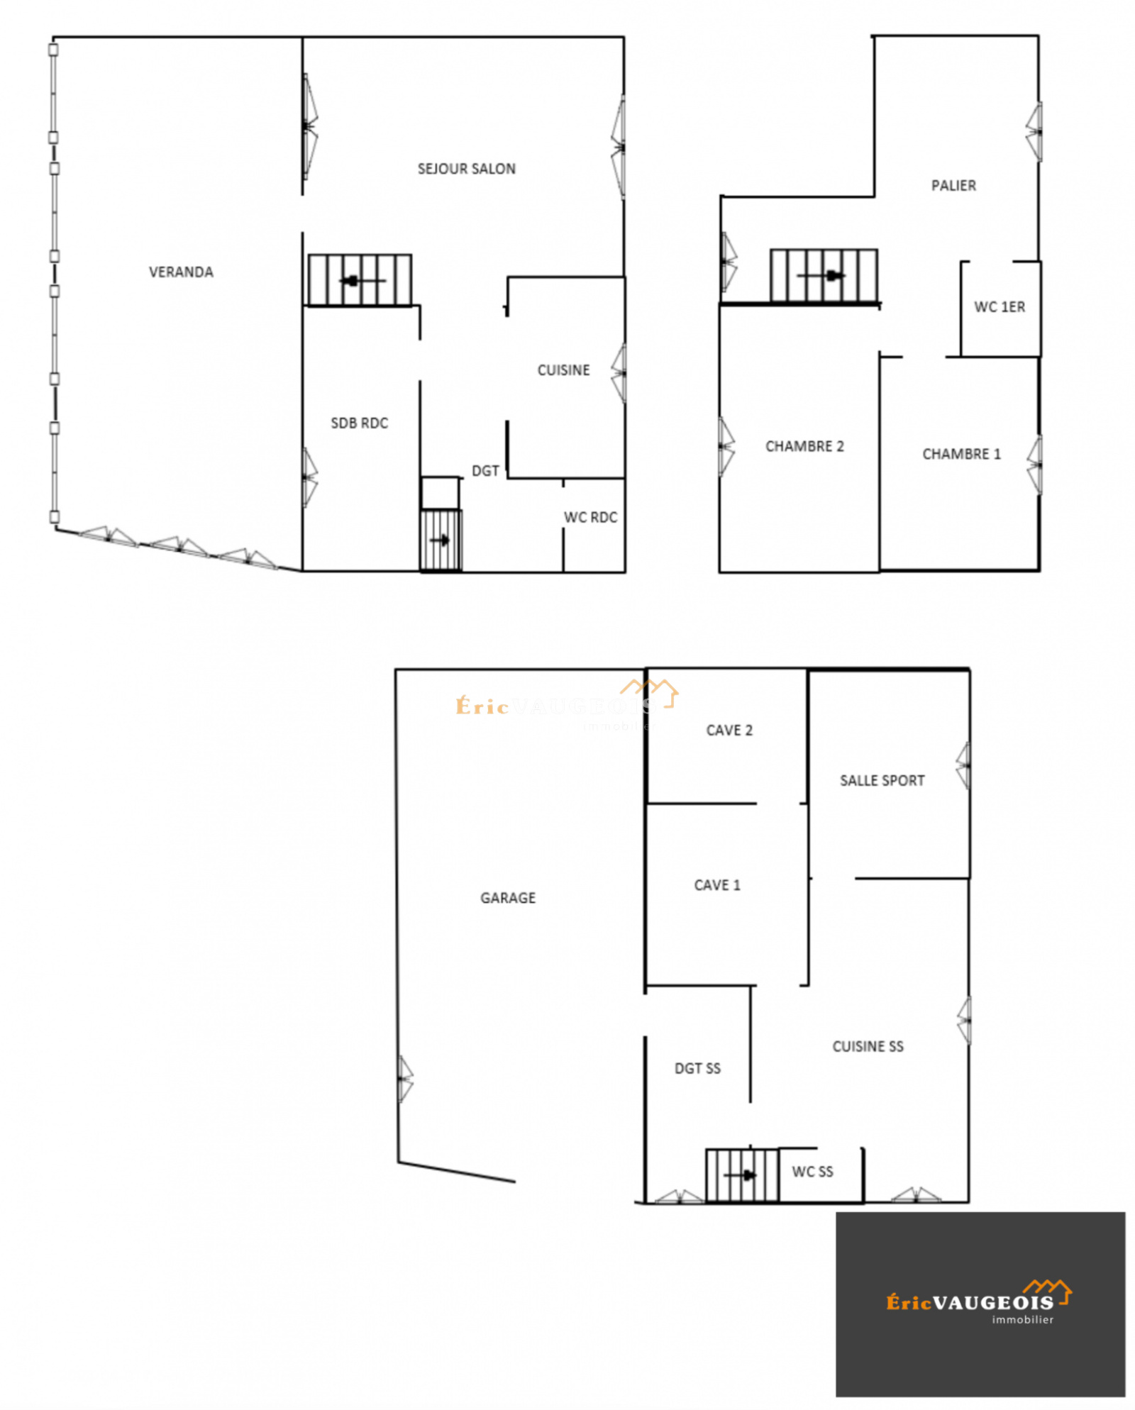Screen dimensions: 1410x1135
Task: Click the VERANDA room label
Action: (x=181, y=272)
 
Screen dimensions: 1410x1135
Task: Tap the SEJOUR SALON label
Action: (x=466, y=169)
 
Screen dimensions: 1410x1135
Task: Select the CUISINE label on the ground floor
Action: (x=563, y=370)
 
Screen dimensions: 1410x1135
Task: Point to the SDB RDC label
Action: (x=359, y=423)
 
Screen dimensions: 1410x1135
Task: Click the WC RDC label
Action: (x=590, y=518)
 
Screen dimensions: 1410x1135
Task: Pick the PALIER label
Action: (x=953, y=186)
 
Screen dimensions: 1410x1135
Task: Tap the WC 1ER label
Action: (x=999, y=307)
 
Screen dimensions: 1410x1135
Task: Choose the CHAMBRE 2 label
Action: (x=804, y=446)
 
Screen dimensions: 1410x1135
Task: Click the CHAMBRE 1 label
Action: (x=961, y=454)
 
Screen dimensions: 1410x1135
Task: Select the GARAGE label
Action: (x=508, y=898)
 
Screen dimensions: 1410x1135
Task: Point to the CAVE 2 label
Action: (x=729, y=731)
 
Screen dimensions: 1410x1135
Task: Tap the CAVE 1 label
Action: (x=717, y=885)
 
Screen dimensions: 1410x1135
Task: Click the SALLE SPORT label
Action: (x=882, y=781)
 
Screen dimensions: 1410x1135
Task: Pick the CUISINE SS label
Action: (x=868, y=1047)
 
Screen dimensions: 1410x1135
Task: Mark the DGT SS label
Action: (x=697, y=1069)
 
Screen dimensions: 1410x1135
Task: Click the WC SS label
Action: (x=812, y=1172)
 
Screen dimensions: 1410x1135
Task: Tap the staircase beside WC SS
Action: (x=742, y=1175)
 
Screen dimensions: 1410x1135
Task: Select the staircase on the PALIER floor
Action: (x=824, y=276)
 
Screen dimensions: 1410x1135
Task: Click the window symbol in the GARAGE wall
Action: (x=404, y=1079)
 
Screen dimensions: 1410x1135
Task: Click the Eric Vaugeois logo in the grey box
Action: (x=980, y=1301)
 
